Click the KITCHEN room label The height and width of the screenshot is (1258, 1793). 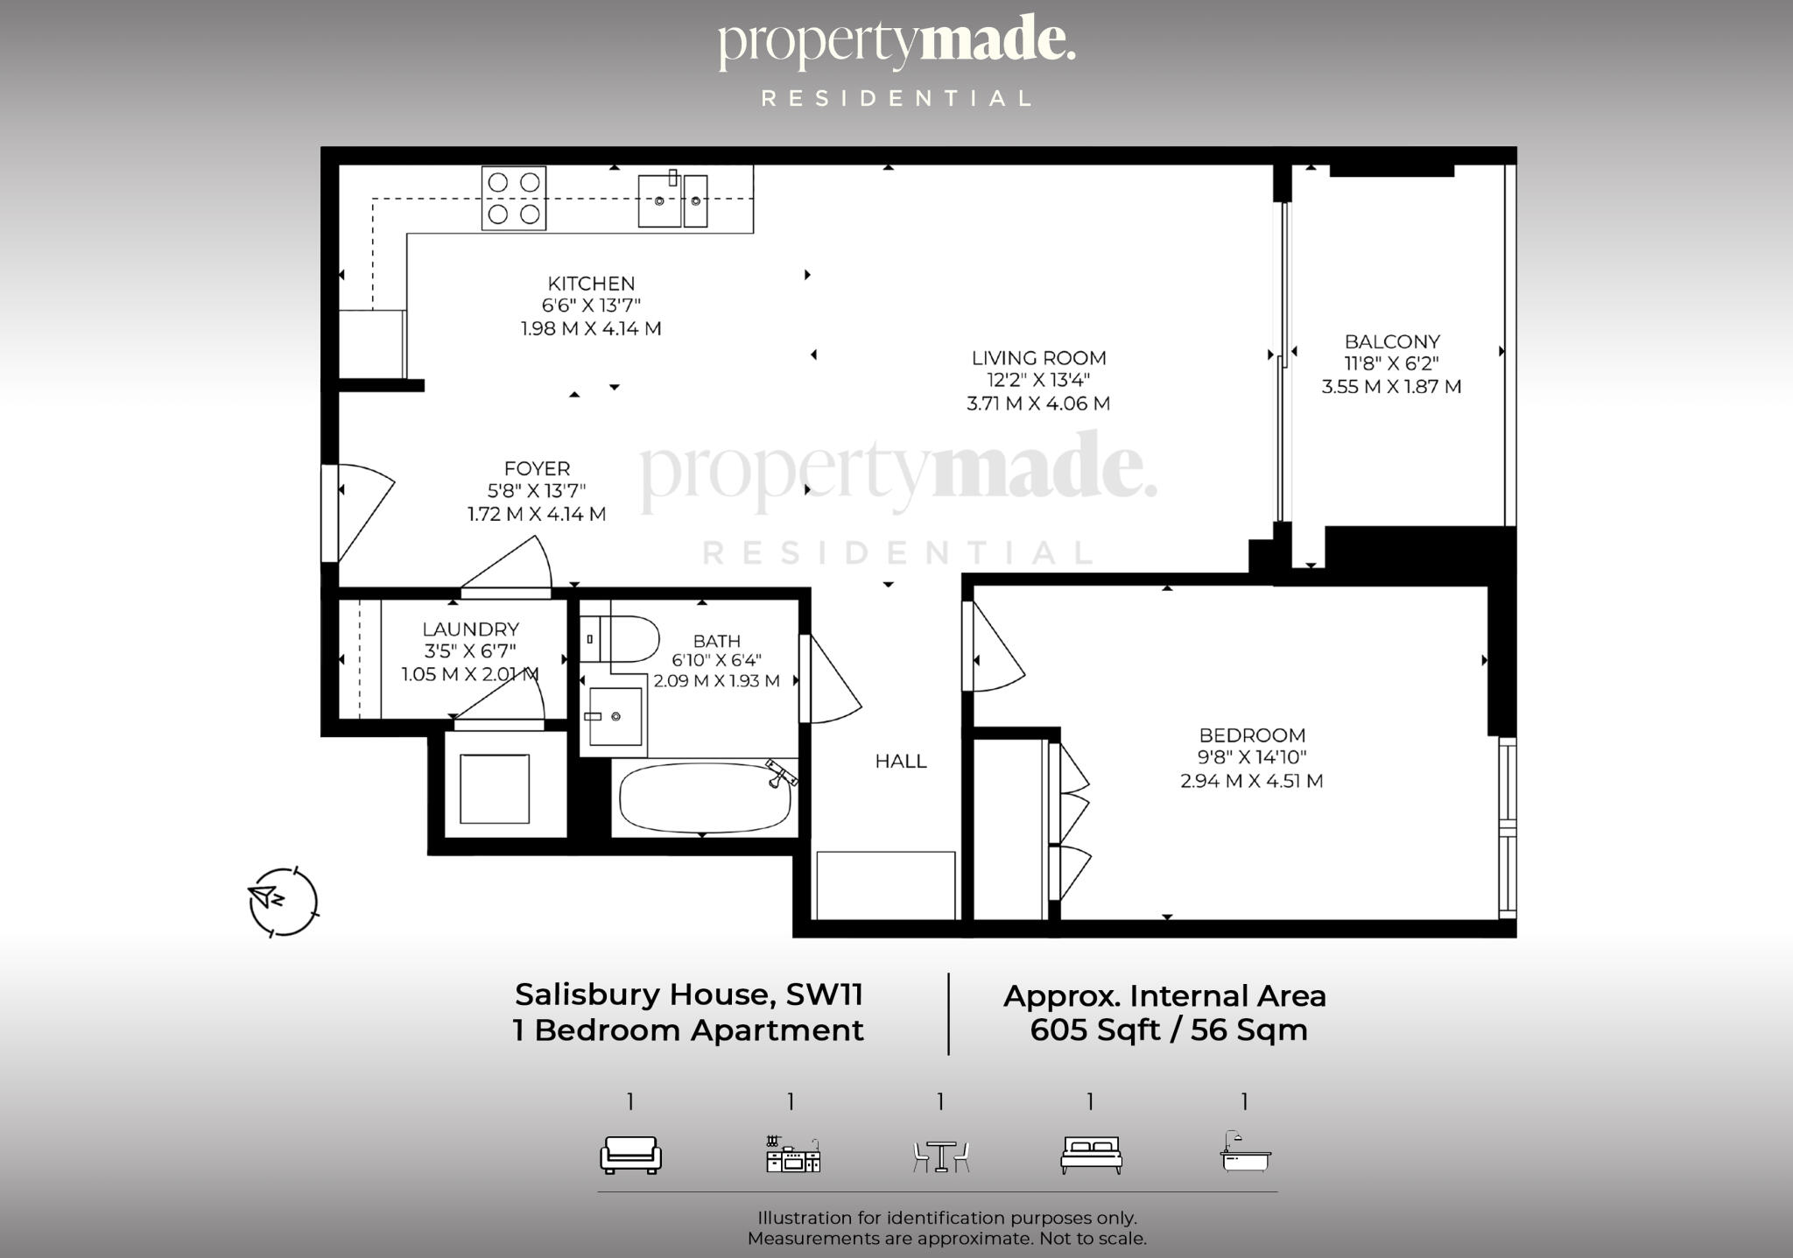pos(591,284)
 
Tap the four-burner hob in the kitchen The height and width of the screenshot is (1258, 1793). pos(514,199)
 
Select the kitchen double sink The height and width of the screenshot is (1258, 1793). pos(672,200)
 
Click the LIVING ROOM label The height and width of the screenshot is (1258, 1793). pos(1038,358)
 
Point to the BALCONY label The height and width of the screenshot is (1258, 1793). pos(1392,341)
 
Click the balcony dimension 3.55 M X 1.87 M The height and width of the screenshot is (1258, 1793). pos(1391,387)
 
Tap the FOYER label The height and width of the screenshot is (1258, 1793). pos(537,468)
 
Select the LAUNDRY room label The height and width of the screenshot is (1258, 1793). pos(470,629)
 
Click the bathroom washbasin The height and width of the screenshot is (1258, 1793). pos(615,716)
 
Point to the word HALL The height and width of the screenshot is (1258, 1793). pos(901,762)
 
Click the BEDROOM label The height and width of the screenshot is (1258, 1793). pos(1252,735)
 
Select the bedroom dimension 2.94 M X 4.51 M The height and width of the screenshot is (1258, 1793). pos(1251,781)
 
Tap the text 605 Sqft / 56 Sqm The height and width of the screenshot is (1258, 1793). pos(1168,1030)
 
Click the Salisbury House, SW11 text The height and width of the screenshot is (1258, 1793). pos(689,994)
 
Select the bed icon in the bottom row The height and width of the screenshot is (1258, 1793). pos(1091,1155)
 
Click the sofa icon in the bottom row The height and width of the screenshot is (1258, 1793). pos(630,1155)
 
